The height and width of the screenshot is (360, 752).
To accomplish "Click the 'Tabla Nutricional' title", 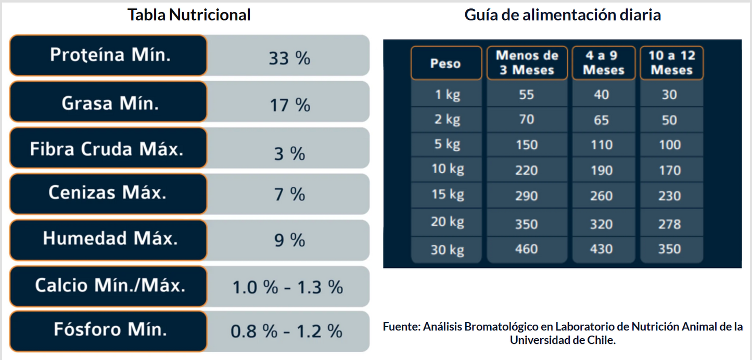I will [189, 15].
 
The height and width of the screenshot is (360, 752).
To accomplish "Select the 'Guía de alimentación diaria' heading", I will [563, 15].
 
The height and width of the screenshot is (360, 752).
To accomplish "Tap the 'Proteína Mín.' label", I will [110, 55].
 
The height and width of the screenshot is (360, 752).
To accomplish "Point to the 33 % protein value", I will [289, 58].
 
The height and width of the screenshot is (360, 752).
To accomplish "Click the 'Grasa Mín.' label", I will [110, 103].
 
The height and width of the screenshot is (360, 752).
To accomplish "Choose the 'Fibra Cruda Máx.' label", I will [107, 149].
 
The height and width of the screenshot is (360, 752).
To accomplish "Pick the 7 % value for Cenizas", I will [289, 195].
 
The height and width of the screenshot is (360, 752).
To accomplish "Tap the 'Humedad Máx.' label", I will [110, 238].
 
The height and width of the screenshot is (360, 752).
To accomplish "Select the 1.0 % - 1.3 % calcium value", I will [287, 287].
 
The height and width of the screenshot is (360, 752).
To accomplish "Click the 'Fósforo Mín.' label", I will [110, 329].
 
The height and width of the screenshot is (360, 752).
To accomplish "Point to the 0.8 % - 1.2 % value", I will [287, 331].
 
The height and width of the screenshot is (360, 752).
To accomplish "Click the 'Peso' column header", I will [445, 63].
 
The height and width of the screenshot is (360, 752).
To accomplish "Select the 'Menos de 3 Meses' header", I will [527, 62].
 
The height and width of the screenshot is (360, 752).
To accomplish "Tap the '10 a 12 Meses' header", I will [671, 62].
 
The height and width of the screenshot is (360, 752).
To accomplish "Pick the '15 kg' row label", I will [448, 195].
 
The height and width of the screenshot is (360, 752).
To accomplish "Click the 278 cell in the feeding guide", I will [669, 224].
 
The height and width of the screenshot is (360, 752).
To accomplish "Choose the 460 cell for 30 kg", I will [526, 249].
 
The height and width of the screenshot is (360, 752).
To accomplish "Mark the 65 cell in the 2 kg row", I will [601, 120].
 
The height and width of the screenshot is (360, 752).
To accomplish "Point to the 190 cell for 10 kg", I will [601, 170].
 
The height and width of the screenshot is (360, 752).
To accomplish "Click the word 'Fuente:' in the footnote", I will [401, 327].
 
